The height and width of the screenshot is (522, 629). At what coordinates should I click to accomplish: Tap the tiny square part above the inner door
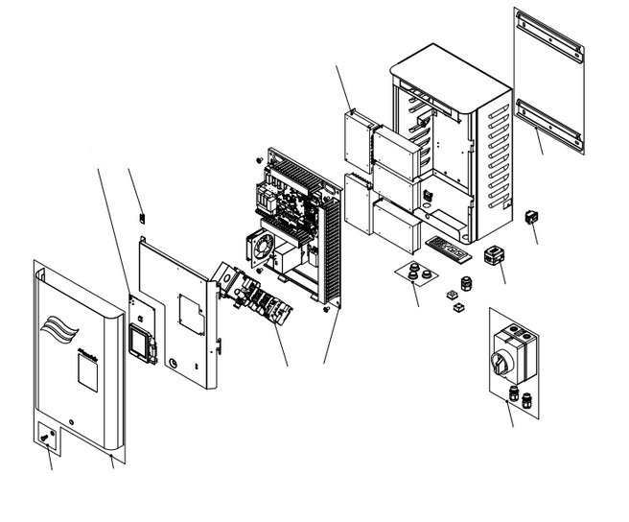[142, 217]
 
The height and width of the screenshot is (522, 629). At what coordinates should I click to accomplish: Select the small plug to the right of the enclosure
[529, 217]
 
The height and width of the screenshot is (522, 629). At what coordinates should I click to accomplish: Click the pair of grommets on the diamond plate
[415, 273]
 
